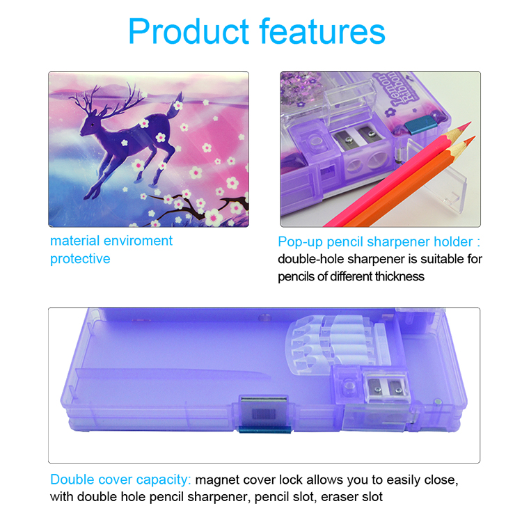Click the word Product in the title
189,31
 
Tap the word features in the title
322,31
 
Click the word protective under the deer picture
80,259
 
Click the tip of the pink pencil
470,122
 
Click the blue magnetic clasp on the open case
264,430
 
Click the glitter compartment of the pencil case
301,89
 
